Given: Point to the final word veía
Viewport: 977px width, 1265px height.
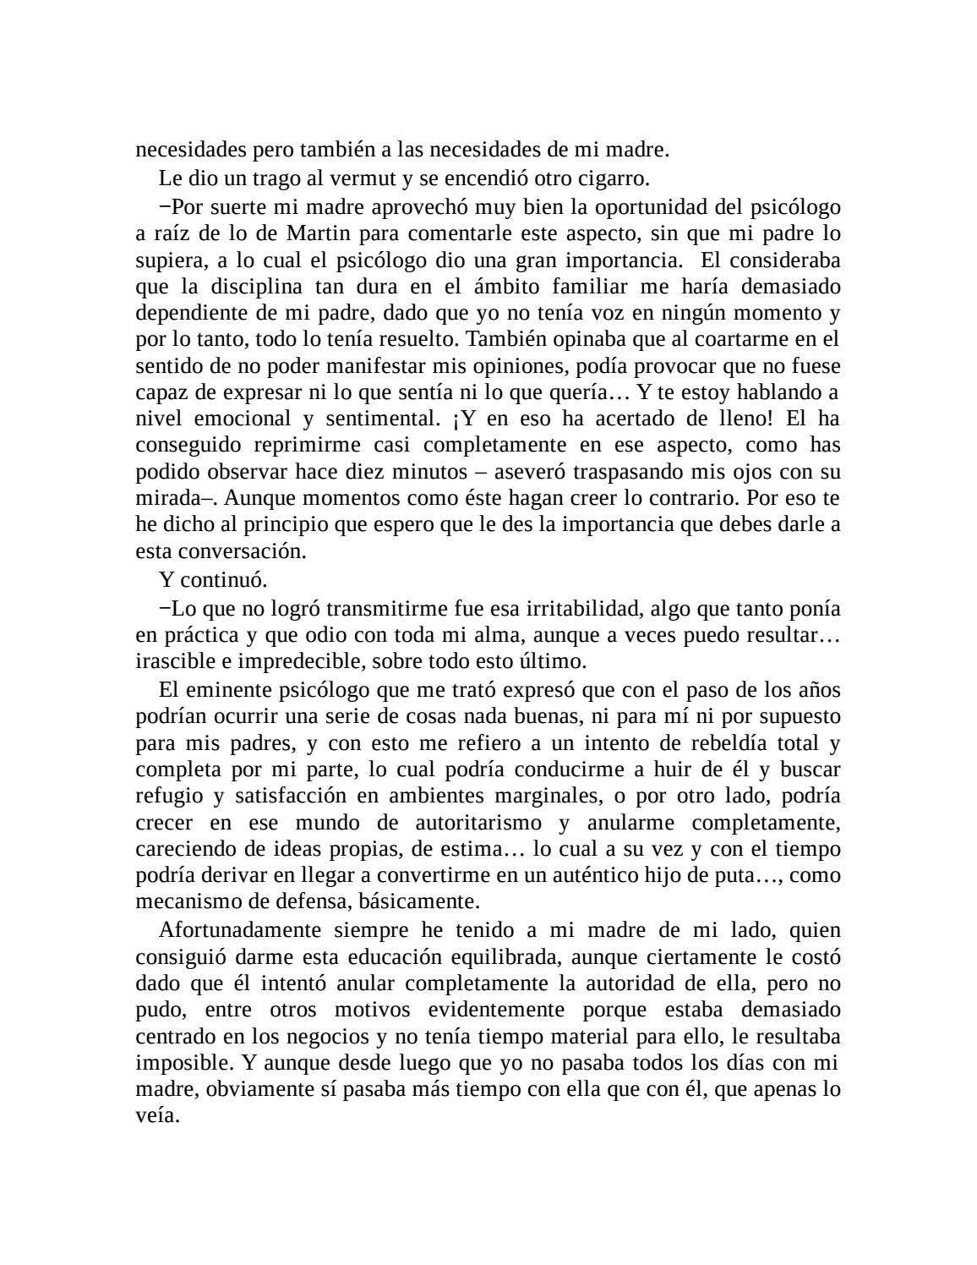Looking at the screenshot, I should (x=157, y=1116).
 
